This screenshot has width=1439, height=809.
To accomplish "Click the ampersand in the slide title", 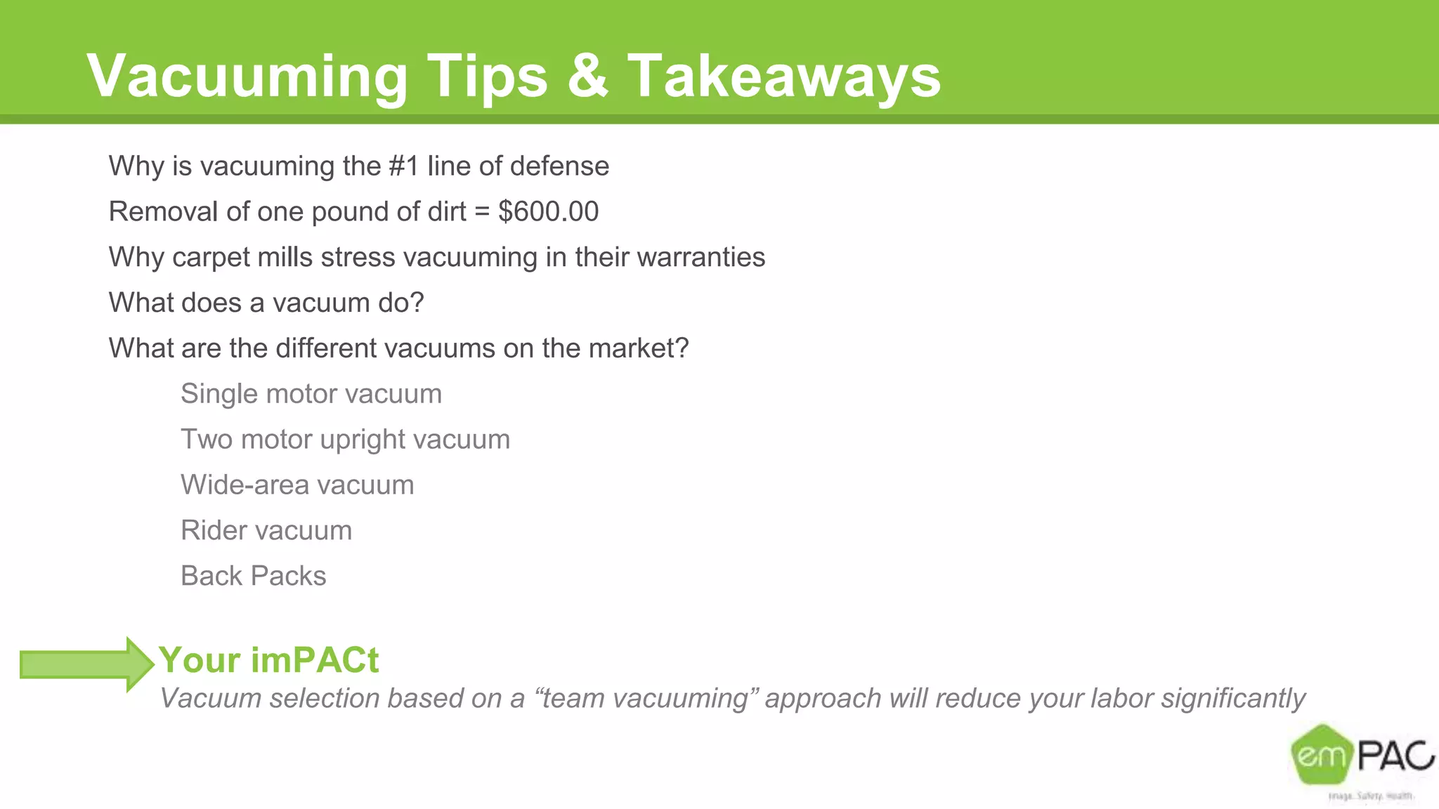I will tap(587, 76).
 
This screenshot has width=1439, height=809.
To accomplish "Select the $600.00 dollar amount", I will tap(548, 211).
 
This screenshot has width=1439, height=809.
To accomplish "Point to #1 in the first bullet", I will tap(403, 166).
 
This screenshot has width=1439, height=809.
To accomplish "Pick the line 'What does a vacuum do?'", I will tap(266, 303).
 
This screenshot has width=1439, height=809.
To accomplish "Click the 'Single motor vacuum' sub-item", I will tap(311, 394).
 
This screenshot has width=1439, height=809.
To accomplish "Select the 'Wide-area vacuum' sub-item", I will tap(297, 485).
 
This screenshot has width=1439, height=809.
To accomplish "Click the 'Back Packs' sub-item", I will tap(253, 577).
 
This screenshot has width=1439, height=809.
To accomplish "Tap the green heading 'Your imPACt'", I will tap(268, 660).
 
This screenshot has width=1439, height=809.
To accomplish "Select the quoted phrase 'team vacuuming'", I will tap(647, 699).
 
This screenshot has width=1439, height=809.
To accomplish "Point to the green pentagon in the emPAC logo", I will tap(1321, 755).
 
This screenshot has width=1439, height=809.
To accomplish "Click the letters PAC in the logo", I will tap(1395, 756).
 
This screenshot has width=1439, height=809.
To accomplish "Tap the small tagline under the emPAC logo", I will tap(1370, 796).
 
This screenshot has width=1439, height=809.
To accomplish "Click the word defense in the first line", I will tap(559, 166).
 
